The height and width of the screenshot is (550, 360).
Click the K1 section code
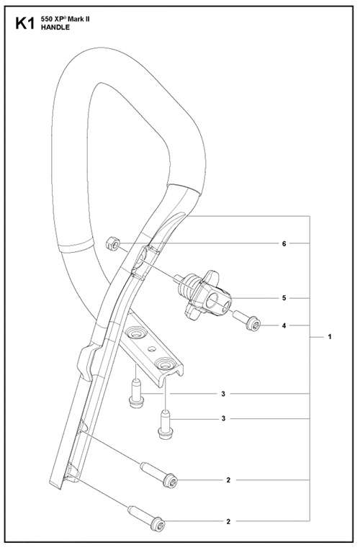24,24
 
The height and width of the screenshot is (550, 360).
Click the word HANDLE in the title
55,27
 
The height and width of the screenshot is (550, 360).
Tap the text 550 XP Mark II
66,19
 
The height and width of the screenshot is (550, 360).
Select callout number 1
330,337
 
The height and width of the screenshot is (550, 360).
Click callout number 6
284,243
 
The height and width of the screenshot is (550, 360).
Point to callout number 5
284,298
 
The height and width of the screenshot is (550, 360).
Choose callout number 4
284,325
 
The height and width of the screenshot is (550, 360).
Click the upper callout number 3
223,394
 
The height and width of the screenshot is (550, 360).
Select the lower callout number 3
223,418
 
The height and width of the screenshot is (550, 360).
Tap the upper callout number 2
228,480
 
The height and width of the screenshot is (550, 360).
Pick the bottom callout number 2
228,522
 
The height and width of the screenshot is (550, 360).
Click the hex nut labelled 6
113,243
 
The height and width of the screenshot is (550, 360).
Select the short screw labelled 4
246,320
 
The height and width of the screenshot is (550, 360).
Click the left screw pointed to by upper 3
136,393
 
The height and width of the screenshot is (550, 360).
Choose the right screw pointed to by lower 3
166,425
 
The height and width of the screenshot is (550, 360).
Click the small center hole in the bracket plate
151,349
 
